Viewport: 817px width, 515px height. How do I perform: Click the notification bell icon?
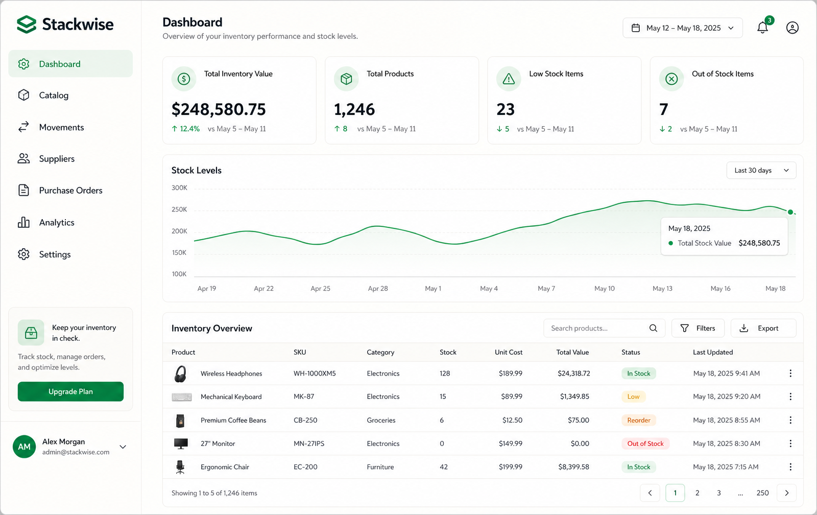click(x=762, y=28)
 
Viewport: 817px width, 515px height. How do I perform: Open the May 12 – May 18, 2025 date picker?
click(x=682, y=28)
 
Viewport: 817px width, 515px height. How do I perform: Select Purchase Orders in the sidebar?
click(x=70, y=190)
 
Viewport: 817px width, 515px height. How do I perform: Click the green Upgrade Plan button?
click(x=70, y=391)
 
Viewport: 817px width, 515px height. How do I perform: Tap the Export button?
click(x=763, y=328)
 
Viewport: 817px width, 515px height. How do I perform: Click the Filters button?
click(x=698, y=328)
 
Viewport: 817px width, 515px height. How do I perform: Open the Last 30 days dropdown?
click(x=761, y=171)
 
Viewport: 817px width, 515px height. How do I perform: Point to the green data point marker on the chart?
click(x=790, y=212)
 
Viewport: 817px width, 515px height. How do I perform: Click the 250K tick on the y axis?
click(x=179, y=209)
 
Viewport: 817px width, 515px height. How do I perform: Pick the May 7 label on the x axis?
click(x=546, y=288)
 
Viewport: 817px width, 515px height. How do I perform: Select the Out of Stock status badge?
click(x=645, y=443)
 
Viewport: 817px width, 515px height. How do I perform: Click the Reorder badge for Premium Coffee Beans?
click(x=639, y=420)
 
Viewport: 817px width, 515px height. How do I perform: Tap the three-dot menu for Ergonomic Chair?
click(x=790, y=467)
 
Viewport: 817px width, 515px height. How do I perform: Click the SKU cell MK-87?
click(x=304, y=396)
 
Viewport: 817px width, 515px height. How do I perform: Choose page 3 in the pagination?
click(x=718, y=493)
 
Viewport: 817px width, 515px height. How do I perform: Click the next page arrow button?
click(x=786, y=493)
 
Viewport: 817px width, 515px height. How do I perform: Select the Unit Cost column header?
click(x=509, y=352)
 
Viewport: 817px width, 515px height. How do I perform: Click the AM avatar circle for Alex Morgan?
click(x=24, y=447)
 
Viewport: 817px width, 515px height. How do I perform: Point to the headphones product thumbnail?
click(x=180, y=374)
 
